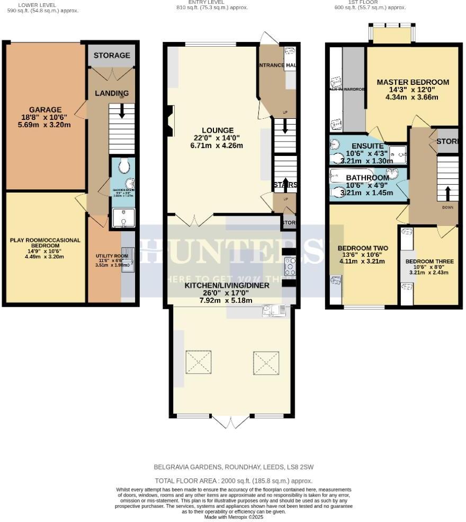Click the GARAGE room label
(45, 110)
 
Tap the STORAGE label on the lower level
(112, 55)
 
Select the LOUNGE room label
(217, 130)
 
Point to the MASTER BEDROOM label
(413, 82)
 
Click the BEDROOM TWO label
(363, 248)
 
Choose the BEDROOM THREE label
(429, 261)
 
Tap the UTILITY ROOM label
(109, 256)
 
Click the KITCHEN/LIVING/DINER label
(227, 285)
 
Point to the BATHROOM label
(368, 177)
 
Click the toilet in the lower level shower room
(124, 167)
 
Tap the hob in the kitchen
(290, 266)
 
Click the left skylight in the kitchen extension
(198, 362)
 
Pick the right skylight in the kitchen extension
(265, 362)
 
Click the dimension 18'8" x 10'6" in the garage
(45, 118)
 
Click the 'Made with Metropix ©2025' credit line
(233, 517)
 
